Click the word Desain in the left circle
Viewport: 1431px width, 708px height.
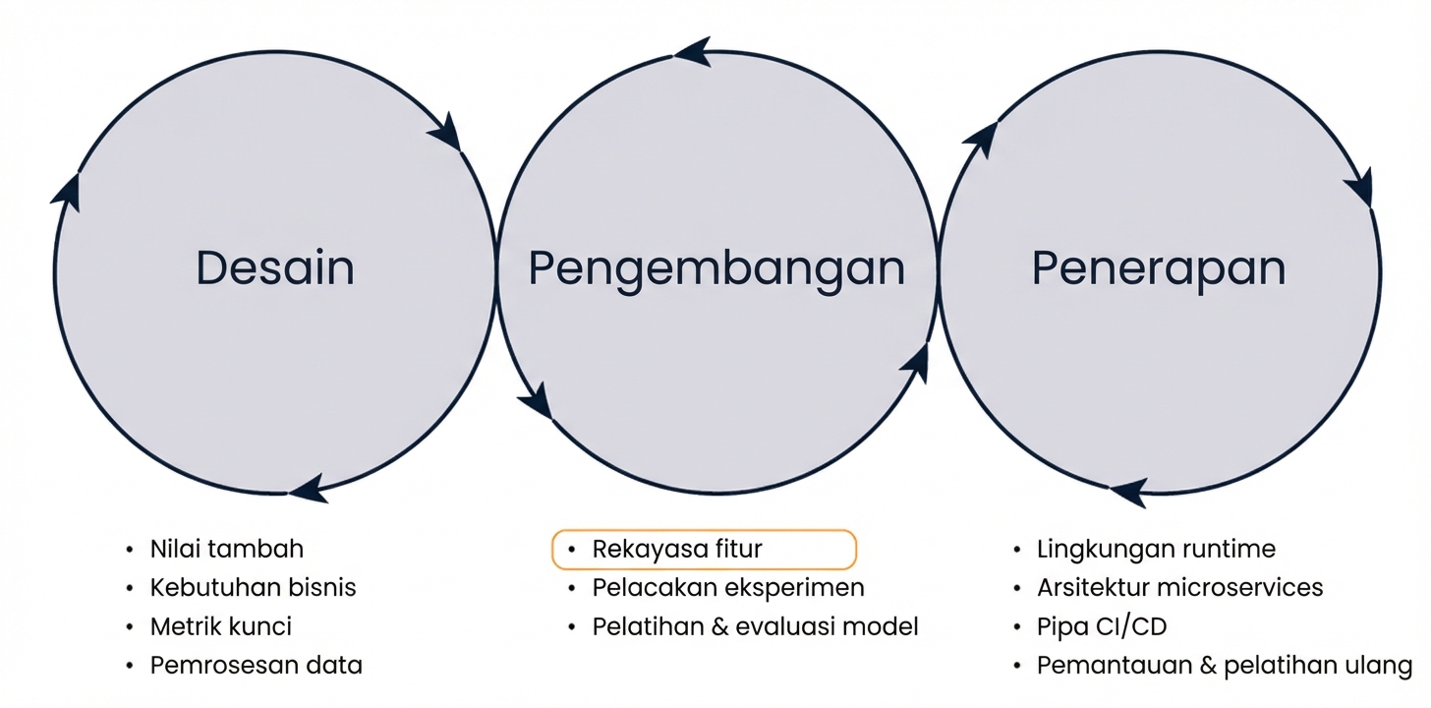275,267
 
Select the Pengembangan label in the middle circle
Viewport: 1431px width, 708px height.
716,267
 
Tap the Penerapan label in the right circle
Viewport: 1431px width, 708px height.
1159,267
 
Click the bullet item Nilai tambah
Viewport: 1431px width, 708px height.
226,549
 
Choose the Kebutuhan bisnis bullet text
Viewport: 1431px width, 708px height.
253,588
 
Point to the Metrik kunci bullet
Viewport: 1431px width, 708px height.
220,626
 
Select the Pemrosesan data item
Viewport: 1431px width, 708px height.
256,666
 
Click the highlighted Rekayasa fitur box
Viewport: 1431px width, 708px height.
704,550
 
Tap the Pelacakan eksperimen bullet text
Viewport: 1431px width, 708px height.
727,588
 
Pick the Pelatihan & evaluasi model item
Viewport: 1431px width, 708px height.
755,626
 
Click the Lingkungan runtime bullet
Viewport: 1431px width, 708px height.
1156,549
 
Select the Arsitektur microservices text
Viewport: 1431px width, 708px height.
1179,588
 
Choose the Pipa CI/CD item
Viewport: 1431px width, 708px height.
1102,626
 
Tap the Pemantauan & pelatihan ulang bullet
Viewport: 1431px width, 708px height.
1224,666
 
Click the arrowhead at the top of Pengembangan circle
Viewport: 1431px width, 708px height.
693,51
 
